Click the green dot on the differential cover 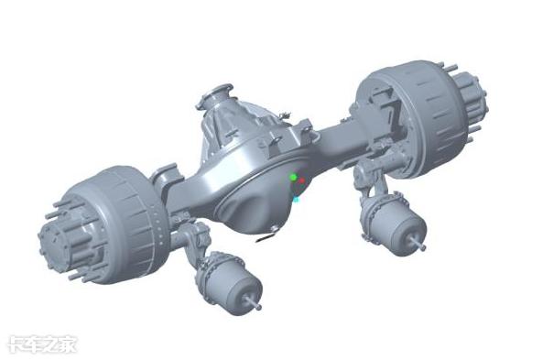293,178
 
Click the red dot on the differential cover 302,180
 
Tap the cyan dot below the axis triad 296,199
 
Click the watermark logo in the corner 42,344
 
